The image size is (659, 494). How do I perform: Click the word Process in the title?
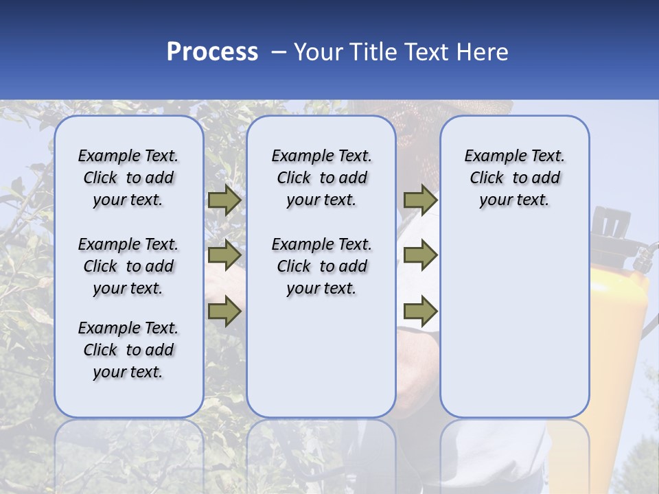[x=212, y=52]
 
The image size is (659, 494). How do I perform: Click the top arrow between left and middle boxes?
[x=224, y=200]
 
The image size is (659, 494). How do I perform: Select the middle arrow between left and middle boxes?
[x=224, y=255]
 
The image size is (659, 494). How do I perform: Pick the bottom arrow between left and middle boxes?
[x=224, y=311]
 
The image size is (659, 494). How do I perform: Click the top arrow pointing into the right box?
[x=420, y=200]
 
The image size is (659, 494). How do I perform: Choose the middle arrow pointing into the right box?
[x=420, y=255]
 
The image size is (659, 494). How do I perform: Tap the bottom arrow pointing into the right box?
[x=420, y=311]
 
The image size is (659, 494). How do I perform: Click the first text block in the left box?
[x=128, y=178]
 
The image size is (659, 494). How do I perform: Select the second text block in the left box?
[x=128, y=266]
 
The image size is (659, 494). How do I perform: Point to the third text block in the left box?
[x=128, y=350]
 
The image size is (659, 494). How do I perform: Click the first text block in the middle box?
[x=321, y=178]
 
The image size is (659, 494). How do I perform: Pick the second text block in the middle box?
[x=321, y=266]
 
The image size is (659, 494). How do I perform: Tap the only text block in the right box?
[x=514, y=178]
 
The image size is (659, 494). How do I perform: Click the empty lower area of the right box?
[x=514, y=329]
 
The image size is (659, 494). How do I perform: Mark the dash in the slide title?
[x=278, y=52]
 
